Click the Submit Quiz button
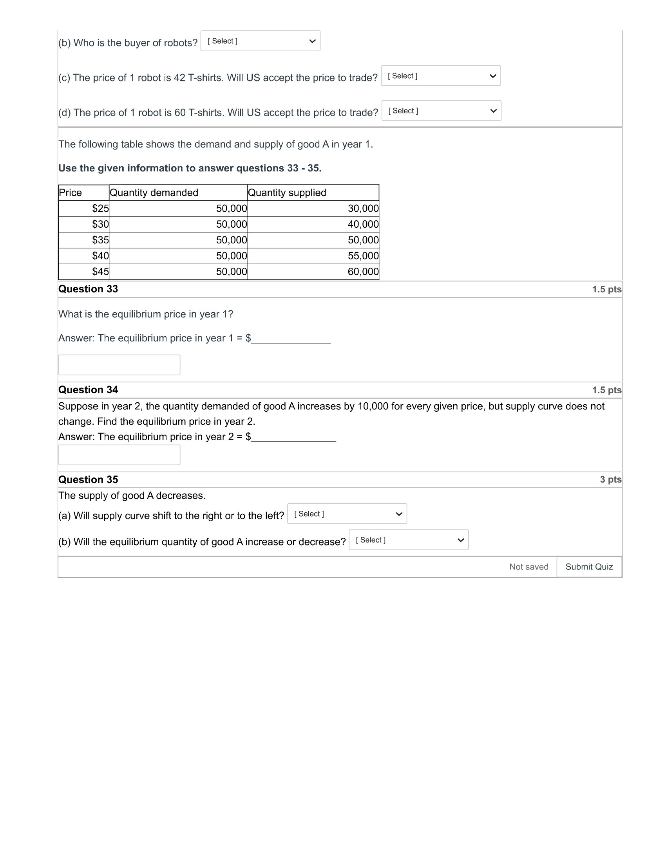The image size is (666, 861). (589, 567)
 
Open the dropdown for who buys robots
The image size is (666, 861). (260, 41)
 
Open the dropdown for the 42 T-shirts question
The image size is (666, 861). (441, 76)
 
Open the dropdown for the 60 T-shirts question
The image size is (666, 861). (441, 111)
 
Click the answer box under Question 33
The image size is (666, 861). (119, 365)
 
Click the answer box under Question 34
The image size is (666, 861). (119, 454)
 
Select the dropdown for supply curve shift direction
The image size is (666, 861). (347, 514)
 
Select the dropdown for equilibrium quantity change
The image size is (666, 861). (408, 540)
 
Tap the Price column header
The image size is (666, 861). (71, 193)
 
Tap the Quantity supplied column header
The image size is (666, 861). (287, 193)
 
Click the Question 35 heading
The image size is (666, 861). (89, 479)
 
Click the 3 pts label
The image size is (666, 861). (610, 479)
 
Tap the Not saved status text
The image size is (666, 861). (528, 567)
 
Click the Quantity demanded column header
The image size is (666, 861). (154, 193)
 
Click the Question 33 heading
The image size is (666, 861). (89, 289)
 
